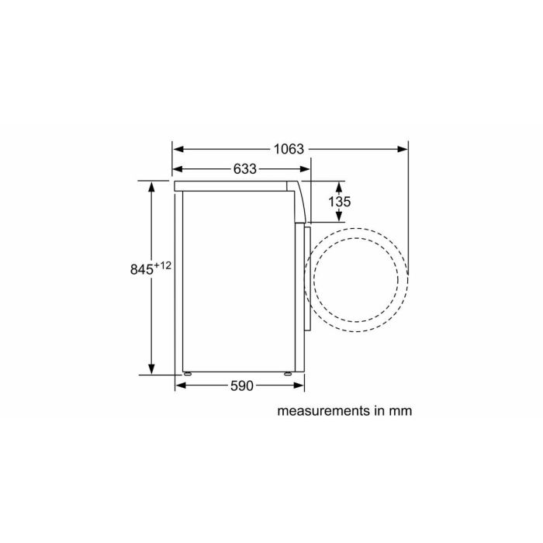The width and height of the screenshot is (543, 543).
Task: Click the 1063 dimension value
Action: [x=288, y=149]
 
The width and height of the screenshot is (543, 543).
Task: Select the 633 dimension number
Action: [x=244, y=169]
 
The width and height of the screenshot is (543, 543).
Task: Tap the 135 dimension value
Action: [x=340, y=202]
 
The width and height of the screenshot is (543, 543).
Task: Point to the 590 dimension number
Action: [x=241, y=386]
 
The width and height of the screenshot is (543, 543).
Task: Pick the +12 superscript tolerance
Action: [x=162, y=265]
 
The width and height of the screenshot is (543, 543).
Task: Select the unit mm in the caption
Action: [x=400, y=410]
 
